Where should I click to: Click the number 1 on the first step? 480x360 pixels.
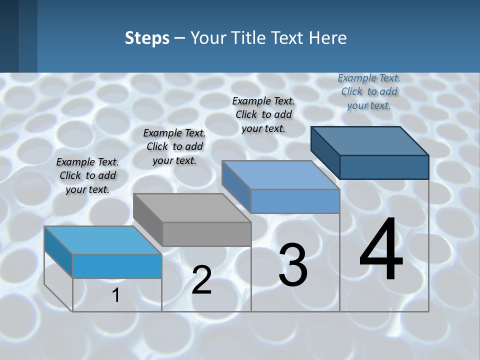(116, 295)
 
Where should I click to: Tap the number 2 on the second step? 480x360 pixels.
(201, 280)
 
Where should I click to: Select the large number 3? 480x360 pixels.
(293, 265)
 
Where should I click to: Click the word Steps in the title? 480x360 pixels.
(147, 38)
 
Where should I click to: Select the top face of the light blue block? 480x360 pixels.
(102, 240)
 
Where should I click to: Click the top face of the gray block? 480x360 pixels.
(191, 208)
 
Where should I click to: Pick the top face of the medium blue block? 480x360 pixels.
(280, 175)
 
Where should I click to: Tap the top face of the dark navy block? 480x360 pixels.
(370, 141)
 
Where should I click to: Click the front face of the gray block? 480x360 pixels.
(207, 234)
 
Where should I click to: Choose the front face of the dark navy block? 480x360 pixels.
(384, 167)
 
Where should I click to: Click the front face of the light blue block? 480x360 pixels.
(117, 266)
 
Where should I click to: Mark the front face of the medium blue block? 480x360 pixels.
(295, 201)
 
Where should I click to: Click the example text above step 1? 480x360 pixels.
(87, 175)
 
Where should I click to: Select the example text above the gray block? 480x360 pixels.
(174, 146)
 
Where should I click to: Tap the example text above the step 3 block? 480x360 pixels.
(263, 114)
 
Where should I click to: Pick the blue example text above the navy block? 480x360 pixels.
(369, 91)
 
